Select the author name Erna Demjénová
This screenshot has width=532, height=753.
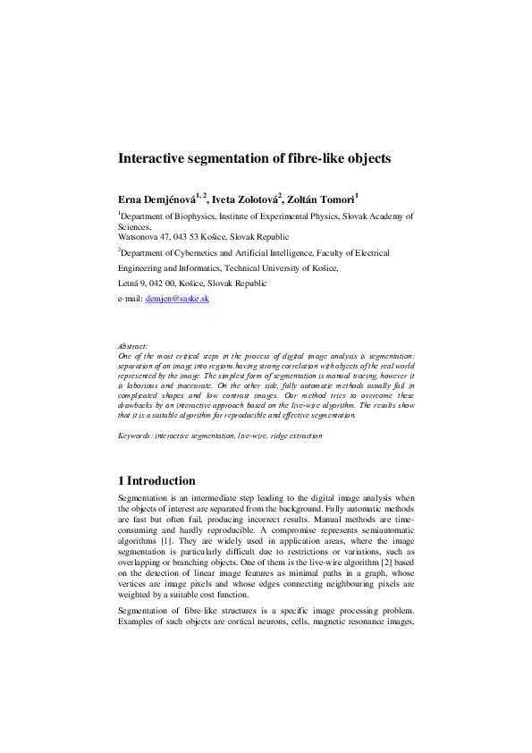pos(159,198)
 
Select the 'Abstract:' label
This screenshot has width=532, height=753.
pos(133,345)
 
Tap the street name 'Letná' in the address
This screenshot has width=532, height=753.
pos(130,283)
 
